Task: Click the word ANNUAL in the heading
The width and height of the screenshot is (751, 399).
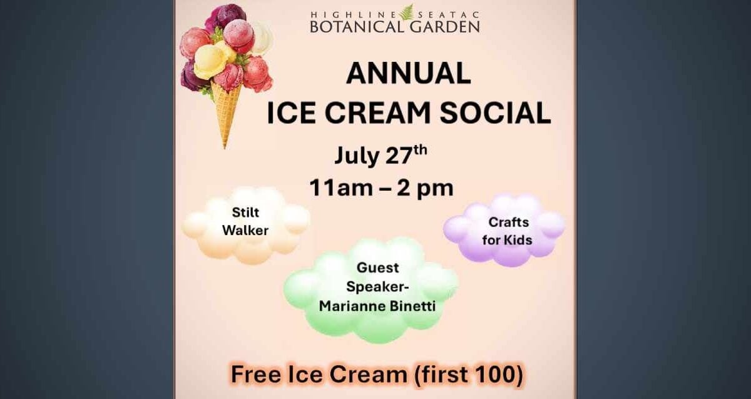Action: pos(408,73)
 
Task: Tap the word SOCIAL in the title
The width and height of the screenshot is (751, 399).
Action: pos(495,113)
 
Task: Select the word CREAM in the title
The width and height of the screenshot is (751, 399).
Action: pos(377,113)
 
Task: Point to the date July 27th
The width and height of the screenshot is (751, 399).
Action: pos(381,155)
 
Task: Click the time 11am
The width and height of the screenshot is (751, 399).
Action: pos(341,188)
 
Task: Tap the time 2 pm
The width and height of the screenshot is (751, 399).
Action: pos(425,189)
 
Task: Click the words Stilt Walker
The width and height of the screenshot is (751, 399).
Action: pos(245,221)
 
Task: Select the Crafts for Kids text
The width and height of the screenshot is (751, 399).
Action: pos(508,231)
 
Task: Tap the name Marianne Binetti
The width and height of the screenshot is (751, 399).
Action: pos(377,306)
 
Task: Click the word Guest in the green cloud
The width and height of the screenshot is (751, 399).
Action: pos(378,268)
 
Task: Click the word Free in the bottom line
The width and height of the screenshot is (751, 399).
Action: pos(256,374)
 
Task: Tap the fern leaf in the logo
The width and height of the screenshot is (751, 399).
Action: pos(407,12)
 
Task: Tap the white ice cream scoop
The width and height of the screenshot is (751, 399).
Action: pos(262,37)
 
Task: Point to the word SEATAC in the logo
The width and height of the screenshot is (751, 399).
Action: pos(448,15)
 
